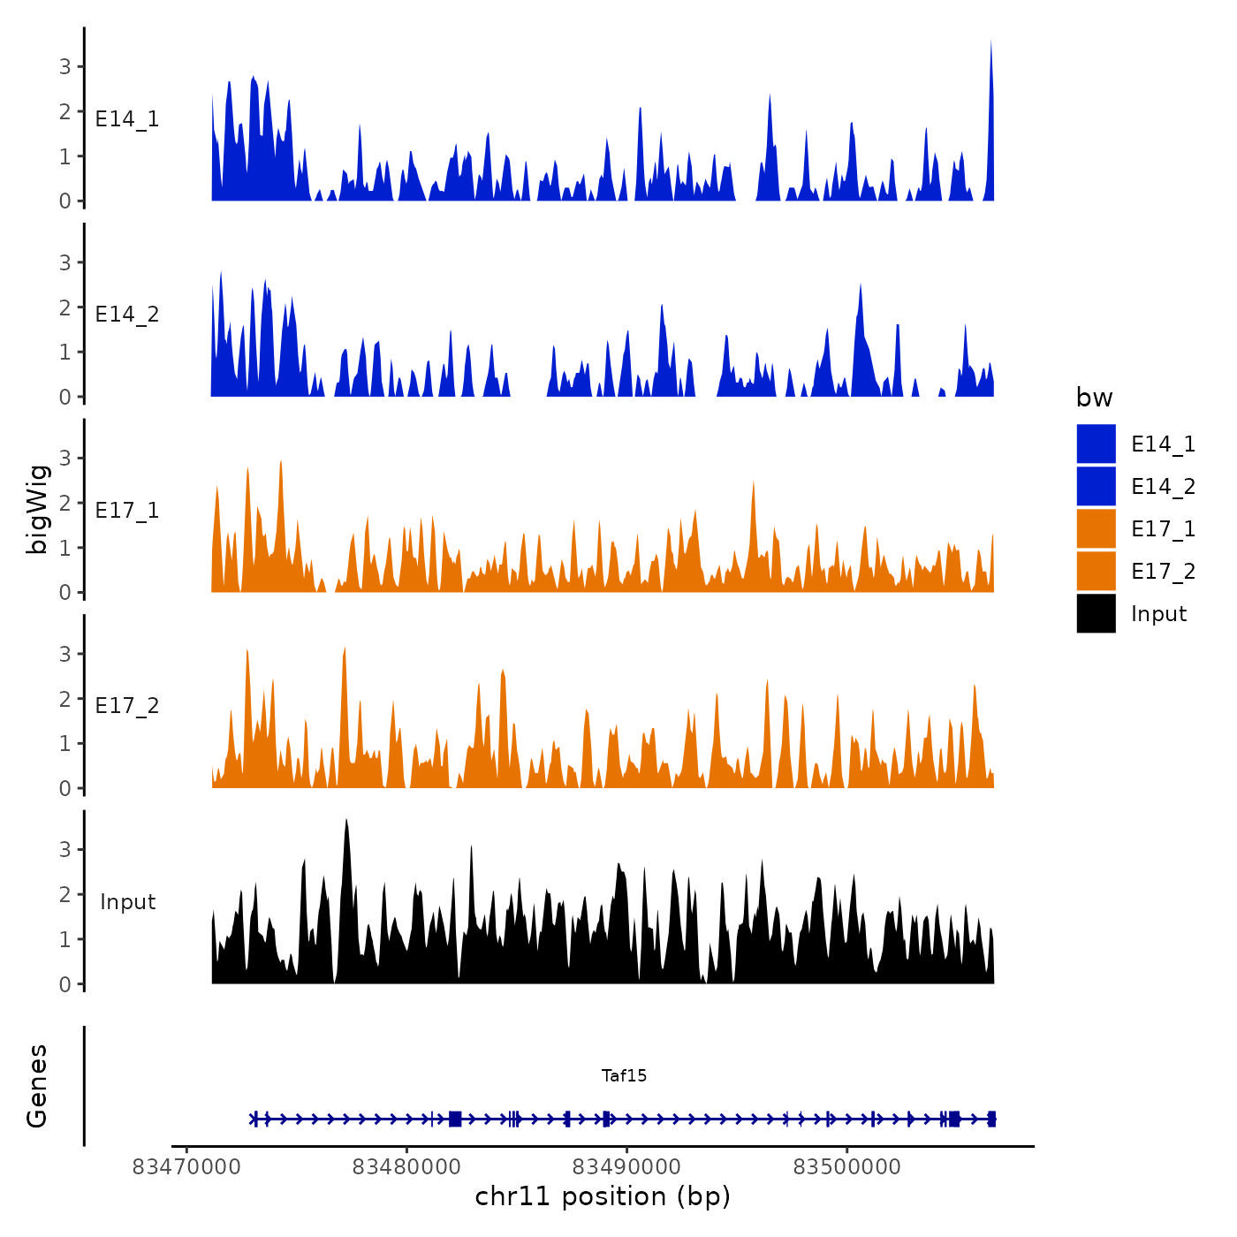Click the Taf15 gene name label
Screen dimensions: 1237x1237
(x=624, y=1075)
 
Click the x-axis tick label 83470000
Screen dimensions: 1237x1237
(x=186, y=1167)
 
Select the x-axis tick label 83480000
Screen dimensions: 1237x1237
(x=406, y=1167)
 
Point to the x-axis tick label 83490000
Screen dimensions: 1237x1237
(x=626, y=1167)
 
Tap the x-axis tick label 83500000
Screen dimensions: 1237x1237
(x=846, y=1167)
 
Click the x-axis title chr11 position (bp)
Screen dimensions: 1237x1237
(x=603, y=1196)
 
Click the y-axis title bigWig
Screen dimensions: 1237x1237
(x=37, y=509)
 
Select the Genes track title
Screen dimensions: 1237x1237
(x=37, y=1086)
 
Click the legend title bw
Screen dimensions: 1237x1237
(x=1094, y=398)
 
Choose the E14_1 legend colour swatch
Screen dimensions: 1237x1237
(x=1096, y=444)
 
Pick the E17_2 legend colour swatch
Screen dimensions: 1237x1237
(x=1096, y=571)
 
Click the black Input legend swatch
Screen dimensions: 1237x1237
(x=1096, y=613)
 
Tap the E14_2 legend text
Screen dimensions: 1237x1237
(x=1163, y=486)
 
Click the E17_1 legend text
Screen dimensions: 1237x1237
(x=1163, y=528)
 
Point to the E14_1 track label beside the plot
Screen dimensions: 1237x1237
(x=127, y=119)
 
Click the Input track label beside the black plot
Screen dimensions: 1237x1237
(x=127, y=902)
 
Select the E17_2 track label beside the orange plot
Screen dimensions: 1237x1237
(x=127, y=706)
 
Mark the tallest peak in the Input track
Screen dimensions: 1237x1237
(x=346, y=821)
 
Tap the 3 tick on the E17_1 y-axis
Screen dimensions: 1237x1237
(x=65, y=458)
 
